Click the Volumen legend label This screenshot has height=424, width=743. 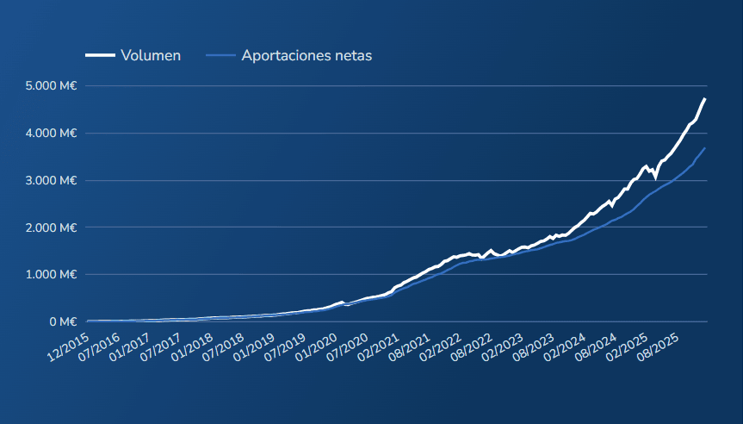click(x=151, y=55)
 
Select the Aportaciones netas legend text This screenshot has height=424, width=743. click(x=306, y=55)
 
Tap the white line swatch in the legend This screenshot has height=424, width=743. click(x=100, y=55)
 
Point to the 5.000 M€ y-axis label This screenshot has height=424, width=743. click(x=52, y=86)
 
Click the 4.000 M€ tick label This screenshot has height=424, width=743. click(x=52, y=134)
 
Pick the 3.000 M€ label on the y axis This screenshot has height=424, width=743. click(x=52, y=181)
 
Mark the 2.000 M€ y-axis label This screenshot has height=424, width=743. click(x=52, y=228)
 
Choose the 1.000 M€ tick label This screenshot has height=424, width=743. click(x=52, y=275)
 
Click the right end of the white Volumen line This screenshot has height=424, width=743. click(x=705, y=99)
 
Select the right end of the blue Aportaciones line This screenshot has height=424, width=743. click(x=705, y=148)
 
